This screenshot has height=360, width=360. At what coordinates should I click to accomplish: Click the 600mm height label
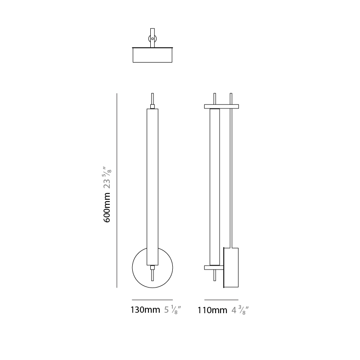click(x=107, y=207)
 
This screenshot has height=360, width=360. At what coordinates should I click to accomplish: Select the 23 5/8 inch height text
click(x=107, y=177)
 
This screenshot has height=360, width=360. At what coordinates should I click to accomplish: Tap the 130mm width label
click(x=145, y=310)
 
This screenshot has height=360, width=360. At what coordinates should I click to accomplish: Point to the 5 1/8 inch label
click(x=173, y=310)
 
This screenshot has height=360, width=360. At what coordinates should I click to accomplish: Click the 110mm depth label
click(x=212, y=310)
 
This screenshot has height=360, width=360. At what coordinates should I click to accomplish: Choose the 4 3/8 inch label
click(x=240, y=310)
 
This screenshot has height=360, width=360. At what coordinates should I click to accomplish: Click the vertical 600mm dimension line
click(x=117, y=190)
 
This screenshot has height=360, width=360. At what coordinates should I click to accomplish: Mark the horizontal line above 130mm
click(x=152, y=300)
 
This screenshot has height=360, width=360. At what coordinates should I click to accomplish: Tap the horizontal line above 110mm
click(x=221, y=300)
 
